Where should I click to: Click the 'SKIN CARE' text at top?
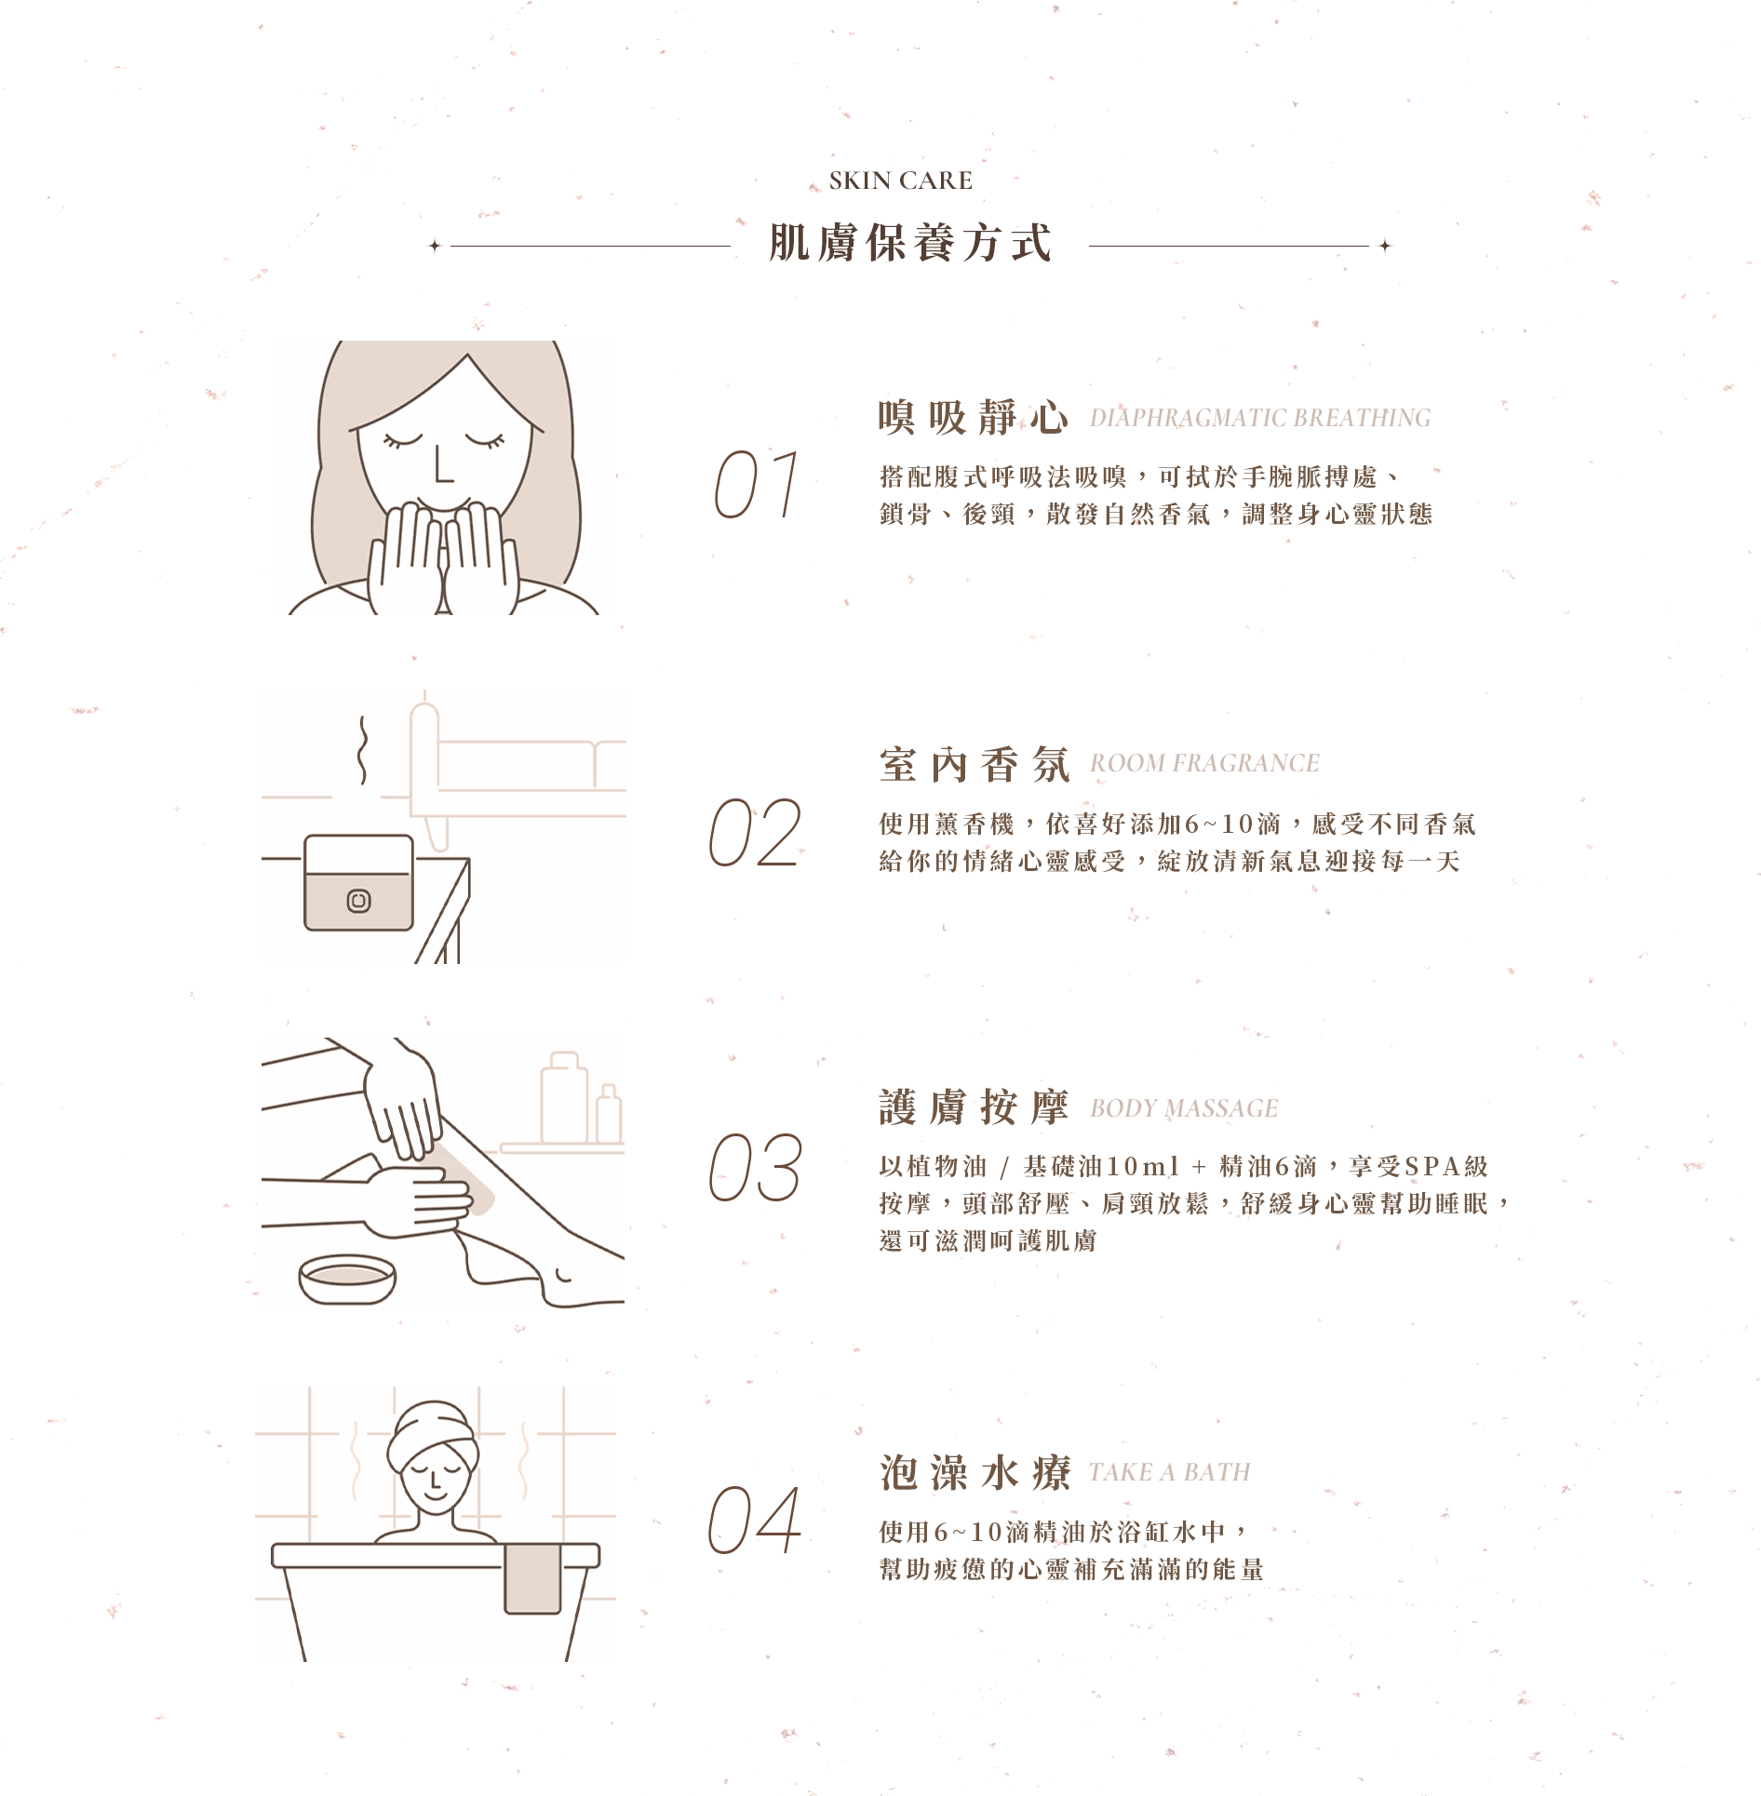coord(900,181)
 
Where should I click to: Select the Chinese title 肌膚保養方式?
coord(910,244)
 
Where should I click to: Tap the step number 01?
coord(757,484)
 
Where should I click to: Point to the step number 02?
coord(755,832)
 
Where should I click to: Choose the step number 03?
coord(755,1167)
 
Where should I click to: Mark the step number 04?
coord(755,1520)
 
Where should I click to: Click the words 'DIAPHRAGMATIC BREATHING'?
coord(1260,418)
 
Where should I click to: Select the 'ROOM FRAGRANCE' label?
coord(1204,763)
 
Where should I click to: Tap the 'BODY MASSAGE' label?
coord(1184,1108)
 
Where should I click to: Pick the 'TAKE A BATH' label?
coord(1170,1472)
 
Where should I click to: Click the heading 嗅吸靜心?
coord(974,417)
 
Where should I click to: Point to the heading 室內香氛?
coord(974,764)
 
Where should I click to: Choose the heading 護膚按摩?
coord(974,1107)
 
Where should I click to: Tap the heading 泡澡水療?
coord(975,1473)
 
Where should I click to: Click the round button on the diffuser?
coord(358,901)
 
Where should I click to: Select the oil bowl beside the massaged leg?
coord(347,1279)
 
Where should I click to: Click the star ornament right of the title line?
coord(1385,246)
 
